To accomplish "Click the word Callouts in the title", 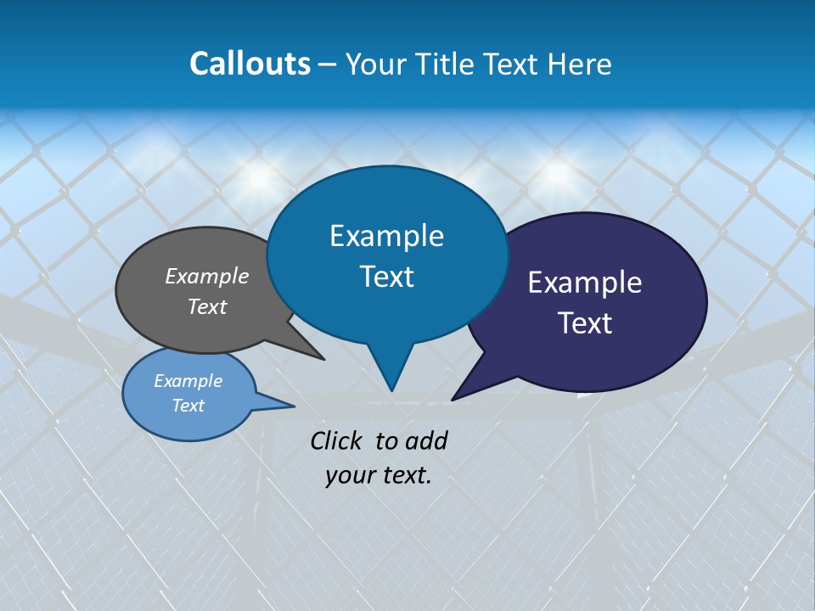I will (250, 64).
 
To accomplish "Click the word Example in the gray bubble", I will (207, 277).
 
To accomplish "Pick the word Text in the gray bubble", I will (207, 307).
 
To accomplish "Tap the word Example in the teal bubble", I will (386, 236).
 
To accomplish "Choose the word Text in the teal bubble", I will (386, 277).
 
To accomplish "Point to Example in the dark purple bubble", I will (585, 283).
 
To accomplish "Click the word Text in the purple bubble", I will (585, 323).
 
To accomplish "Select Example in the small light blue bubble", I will (188, 381).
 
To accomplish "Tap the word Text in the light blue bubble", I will (188, 406).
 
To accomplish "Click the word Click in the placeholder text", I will (338, 440).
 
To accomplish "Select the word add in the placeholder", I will (425, 440).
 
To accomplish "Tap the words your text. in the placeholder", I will (379, 475).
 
